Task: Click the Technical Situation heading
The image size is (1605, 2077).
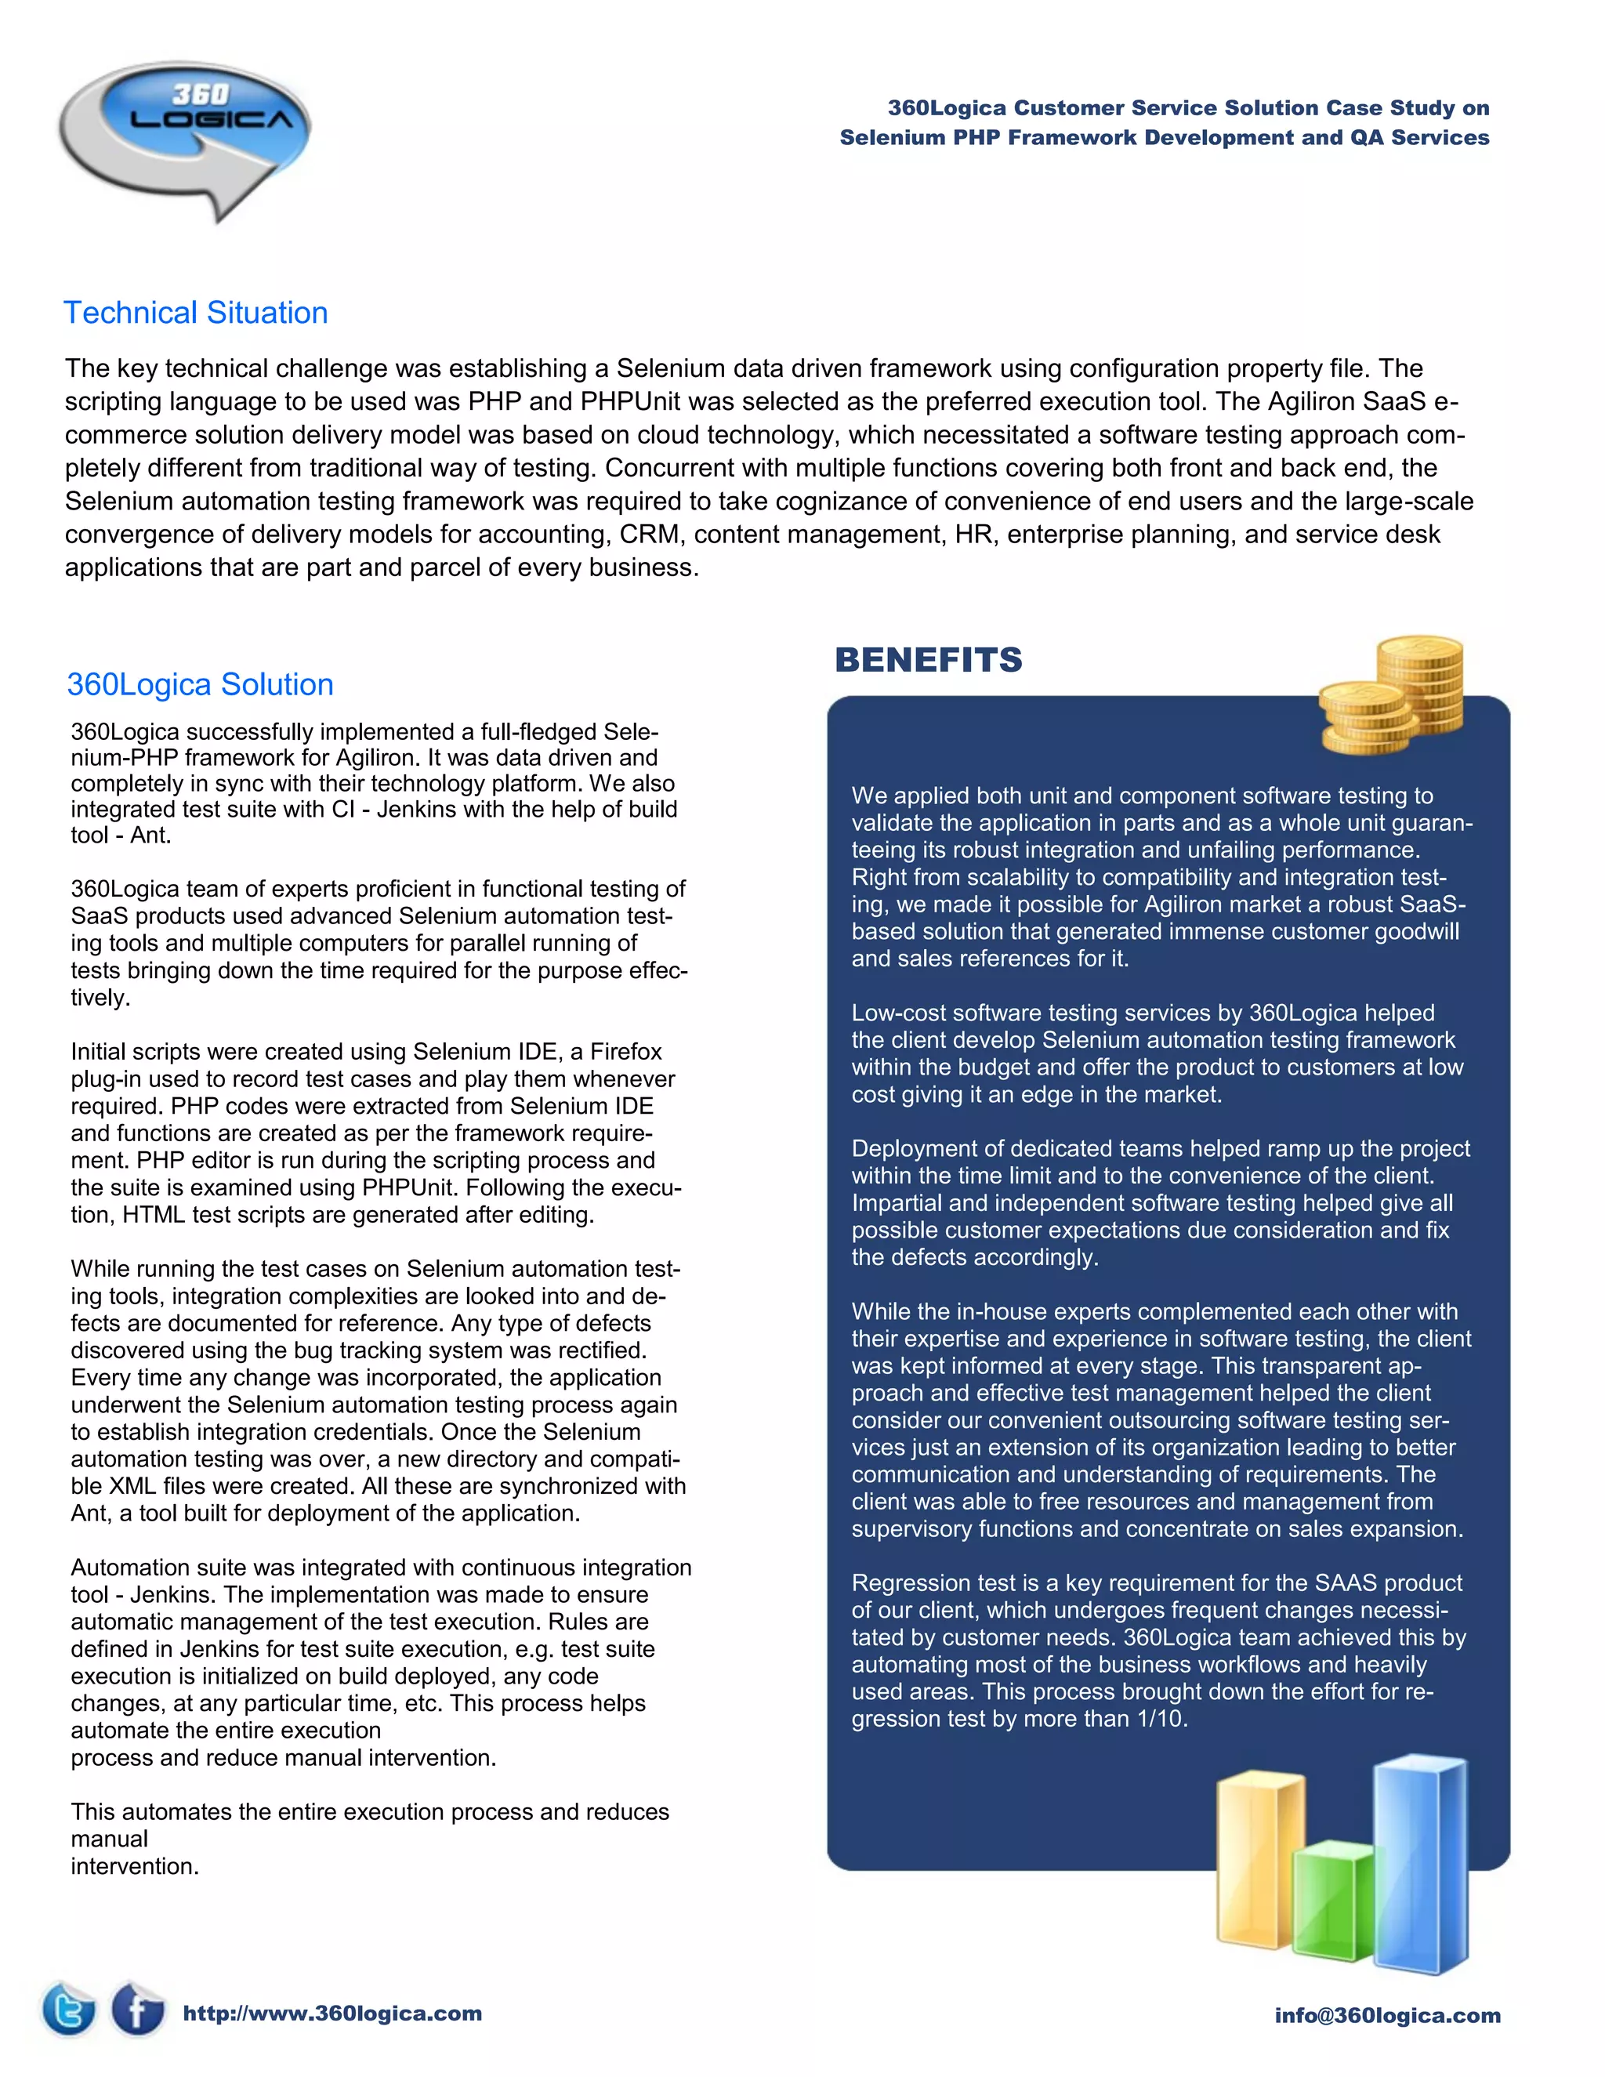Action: click(196, 313)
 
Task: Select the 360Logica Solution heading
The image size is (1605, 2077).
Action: click(201, 685)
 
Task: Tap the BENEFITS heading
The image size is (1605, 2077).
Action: click(928, 660)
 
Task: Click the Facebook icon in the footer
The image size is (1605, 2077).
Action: click(138, 2009)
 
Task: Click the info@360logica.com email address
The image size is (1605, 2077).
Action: click(1387, 2015)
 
